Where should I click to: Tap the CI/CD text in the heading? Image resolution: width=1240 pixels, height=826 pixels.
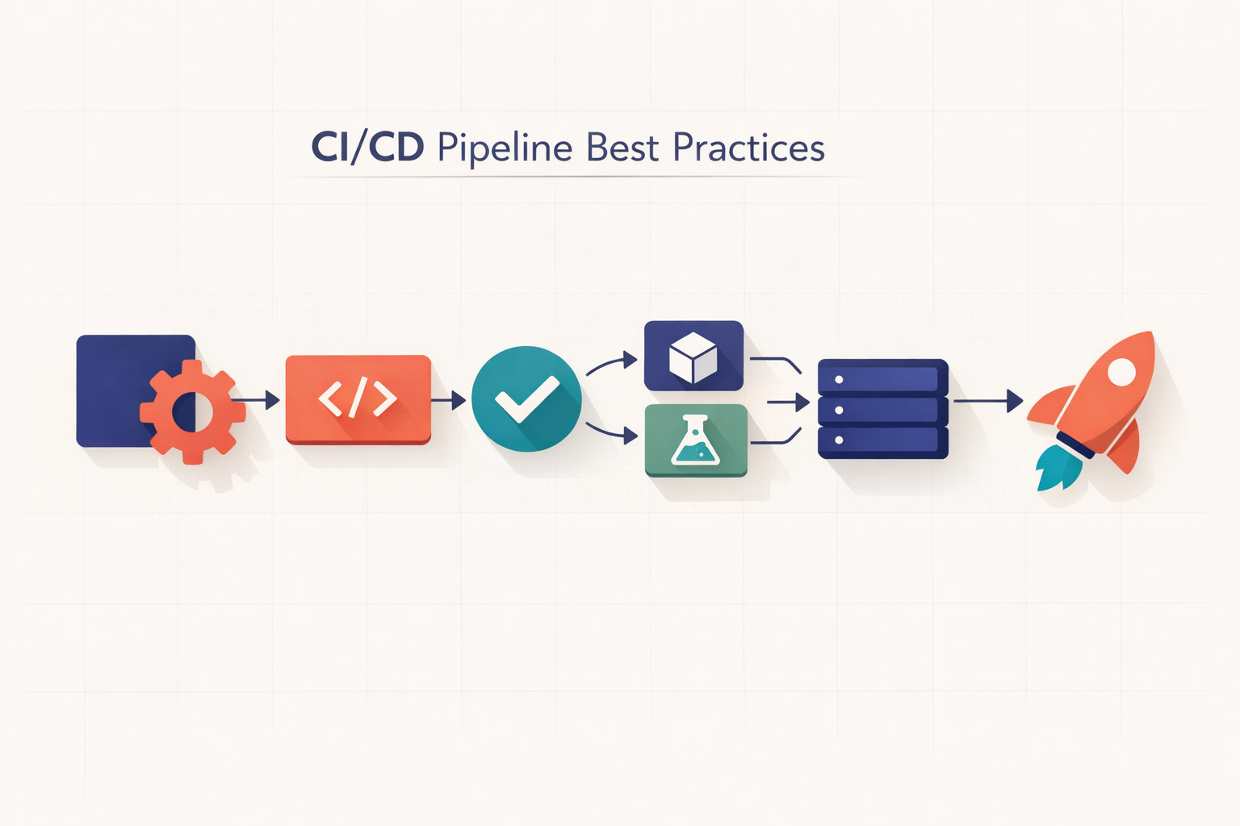click(367, 148)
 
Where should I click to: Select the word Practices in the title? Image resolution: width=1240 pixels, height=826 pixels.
click(748, 148)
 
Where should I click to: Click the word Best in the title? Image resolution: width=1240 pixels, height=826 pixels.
click(622, 148)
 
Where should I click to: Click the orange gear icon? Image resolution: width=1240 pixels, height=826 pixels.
click(193, 411)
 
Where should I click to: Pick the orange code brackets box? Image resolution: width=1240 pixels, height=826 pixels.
click(358, 398)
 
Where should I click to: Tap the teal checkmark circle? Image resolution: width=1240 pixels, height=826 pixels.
click(526, 398)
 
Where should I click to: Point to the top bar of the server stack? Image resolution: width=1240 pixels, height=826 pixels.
click(882, 378)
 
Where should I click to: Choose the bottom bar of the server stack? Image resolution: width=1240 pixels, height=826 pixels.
click(882, 440)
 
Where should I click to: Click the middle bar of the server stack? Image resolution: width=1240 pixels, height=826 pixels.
click(882, 410)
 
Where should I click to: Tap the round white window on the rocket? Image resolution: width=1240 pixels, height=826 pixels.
click(1121, 371)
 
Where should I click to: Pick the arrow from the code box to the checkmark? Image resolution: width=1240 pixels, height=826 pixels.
click(449, 399)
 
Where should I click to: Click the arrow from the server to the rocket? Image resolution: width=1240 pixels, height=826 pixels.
click(988, 400)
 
